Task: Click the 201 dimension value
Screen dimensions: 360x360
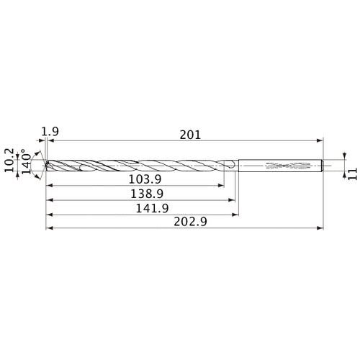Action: pyautogui.click(x=191, y=134)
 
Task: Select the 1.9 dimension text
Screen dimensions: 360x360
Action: pyautogui.click(x=50, y=132)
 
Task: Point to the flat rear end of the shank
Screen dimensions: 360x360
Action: pyautogui.click(x=323, y=165)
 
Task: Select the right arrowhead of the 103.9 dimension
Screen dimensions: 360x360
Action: pyautogui.click(x=221, y=186)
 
